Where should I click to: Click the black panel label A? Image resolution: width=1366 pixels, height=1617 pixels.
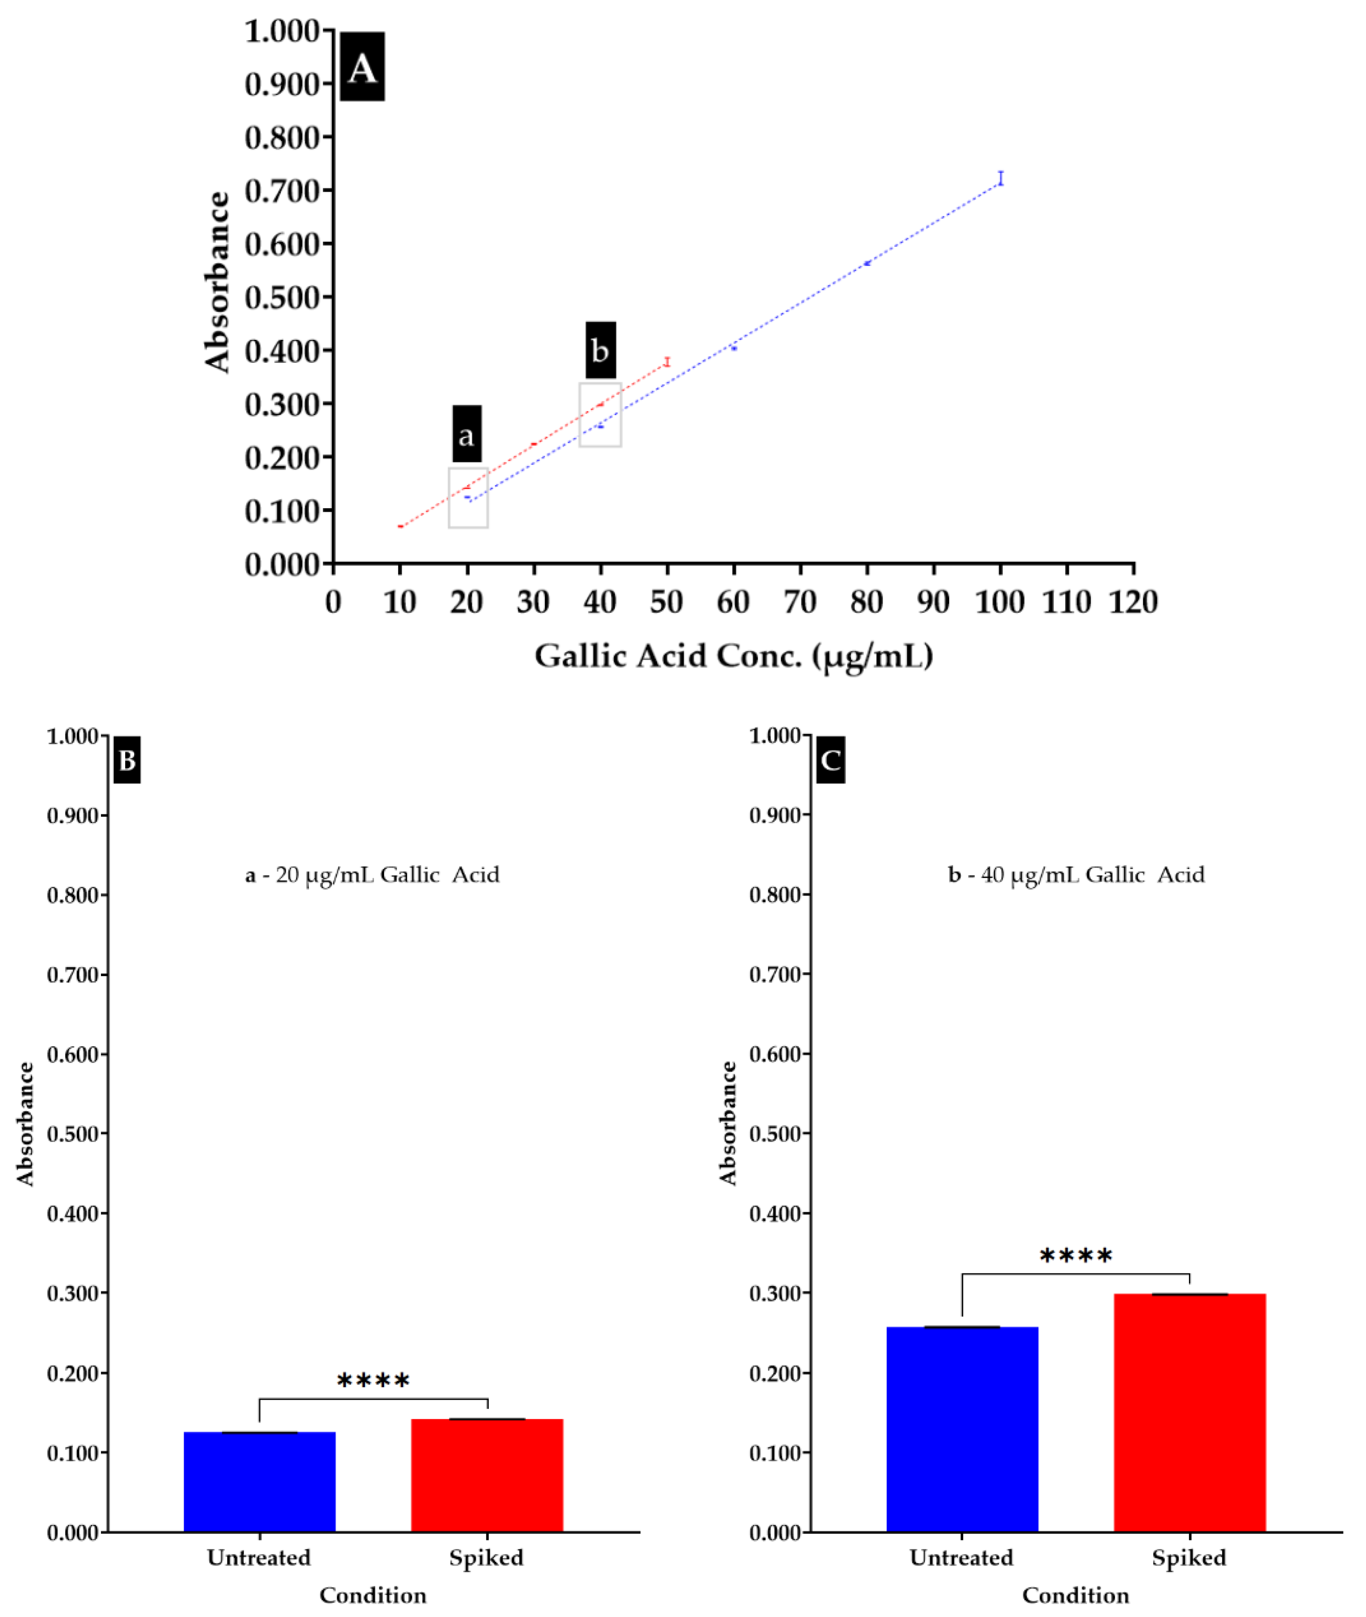(x=362, y=66)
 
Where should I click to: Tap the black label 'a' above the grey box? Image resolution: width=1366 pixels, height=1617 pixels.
(x=467, y=434)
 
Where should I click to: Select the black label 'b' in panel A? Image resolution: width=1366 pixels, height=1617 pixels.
(x=600, y=350)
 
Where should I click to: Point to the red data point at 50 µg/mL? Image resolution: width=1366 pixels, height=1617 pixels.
(x=667, y=362)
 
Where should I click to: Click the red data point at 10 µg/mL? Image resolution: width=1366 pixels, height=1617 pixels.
(x=401, y=526)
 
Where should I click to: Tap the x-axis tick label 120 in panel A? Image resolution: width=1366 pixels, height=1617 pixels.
(x=1133, y=603)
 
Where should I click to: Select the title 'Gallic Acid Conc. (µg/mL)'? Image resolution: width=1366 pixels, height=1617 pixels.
(x=733, y=656)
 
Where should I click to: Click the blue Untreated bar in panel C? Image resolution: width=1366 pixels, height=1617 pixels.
(x=962, y=1429)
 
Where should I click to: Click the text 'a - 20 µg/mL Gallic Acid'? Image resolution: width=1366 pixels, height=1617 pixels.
(x=372, y=875)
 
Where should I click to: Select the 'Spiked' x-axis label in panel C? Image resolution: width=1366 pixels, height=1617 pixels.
(x=1189, y=1557)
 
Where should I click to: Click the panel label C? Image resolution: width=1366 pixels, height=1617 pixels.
(x=830, y=760)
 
